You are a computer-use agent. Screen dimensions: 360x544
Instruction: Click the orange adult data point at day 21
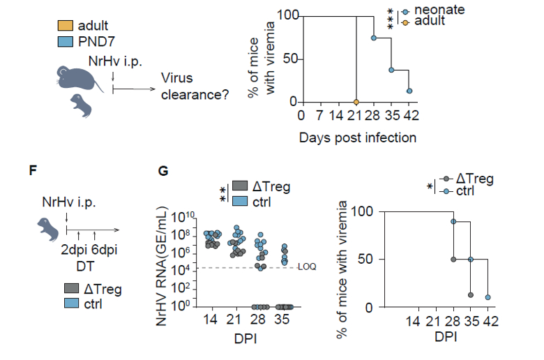tap(356, 102)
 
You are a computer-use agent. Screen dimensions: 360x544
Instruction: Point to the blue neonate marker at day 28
tap(375, 38)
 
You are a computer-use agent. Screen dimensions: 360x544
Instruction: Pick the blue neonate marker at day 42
tap(410, 91)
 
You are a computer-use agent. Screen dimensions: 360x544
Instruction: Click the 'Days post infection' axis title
tap(358, 137)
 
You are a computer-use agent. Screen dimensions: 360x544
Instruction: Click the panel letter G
tap(164, 170)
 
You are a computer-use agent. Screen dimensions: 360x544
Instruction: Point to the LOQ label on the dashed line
tap(308, 268)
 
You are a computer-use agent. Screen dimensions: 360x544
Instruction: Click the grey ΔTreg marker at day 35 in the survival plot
tap(471, 294)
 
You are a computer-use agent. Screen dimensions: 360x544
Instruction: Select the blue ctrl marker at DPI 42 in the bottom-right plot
tap(488, 297)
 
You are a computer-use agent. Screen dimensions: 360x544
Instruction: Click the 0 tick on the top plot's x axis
tap(301, 115)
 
